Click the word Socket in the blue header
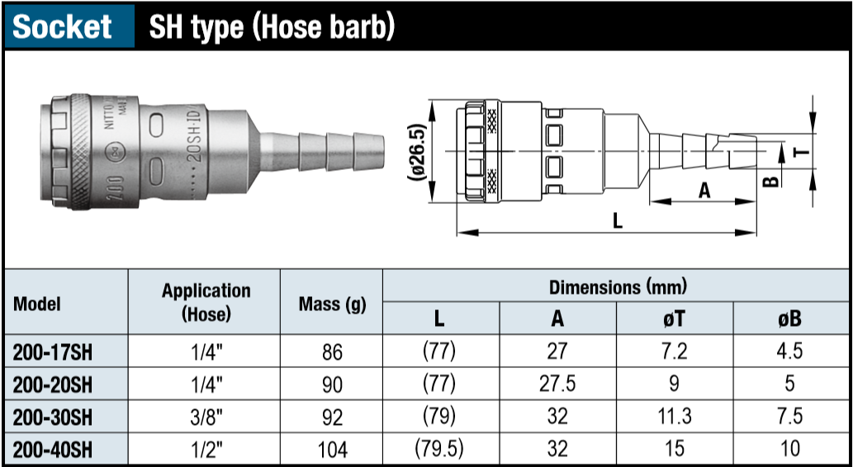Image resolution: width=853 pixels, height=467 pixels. (x=62, y=26)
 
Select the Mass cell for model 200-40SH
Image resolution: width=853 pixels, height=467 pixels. (x=333, y=450)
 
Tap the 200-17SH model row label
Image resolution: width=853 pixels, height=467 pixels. (x=53, y=351)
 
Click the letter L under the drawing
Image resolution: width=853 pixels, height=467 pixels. (x=617, y=221)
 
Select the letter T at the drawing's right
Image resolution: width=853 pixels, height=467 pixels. (x=799, y=151)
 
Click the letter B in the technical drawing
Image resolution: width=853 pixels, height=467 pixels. (x=770, y=181)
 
